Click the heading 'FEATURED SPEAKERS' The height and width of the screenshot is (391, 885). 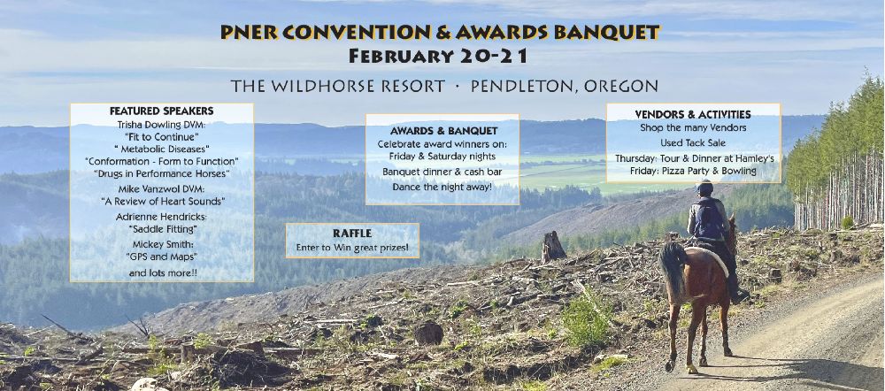[161, 111]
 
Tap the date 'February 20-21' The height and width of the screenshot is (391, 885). [439, 56]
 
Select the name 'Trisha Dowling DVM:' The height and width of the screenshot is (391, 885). [161, 124]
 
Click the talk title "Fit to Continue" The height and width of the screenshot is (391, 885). [161, 136]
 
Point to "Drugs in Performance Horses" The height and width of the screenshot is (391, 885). [161, 173]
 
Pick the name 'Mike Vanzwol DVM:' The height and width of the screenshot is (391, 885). [162, 188]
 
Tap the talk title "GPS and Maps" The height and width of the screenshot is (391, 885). [162, 257]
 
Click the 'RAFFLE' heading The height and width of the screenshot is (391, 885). [352, 233]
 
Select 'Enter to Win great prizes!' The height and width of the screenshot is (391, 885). [352, 248]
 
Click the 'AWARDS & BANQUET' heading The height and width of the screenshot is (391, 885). [443, 131]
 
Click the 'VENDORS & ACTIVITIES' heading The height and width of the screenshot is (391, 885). [693, 114]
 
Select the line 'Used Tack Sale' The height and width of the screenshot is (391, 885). [693, 142]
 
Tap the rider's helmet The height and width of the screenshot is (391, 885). [704, 187]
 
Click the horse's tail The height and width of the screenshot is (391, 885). [673, 271]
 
